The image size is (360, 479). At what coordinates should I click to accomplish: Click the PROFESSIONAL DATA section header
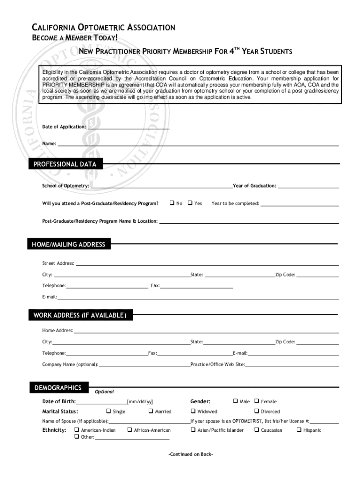65,164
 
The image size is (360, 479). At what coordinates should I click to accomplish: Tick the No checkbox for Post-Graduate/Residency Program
172,203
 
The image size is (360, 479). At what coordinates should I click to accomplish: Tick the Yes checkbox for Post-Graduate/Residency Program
190,203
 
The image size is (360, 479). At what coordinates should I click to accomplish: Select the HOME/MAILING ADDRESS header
69,244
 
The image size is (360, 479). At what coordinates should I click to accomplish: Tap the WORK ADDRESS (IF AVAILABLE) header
80,315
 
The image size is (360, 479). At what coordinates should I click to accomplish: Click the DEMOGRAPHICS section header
58,388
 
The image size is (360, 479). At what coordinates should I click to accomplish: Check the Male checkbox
235,401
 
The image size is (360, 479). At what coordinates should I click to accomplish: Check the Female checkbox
256,401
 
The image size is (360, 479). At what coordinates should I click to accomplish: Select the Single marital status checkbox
108,411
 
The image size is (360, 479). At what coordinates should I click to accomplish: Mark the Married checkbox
151,411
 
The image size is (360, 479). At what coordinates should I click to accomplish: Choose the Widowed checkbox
193,411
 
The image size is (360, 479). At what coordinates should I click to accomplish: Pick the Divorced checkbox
256,411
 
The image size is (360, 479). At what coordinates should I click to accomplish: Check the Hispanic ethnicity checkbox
299,430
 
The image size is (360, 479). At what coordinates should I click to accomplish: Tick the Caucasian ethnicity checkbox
256,430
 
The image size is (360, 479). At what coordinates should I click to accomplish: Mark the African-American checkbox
130,430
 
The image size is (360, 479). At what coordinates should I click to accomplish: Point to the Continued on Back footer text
191,454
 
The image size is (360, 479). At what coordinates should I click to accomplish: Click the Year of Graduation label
254,186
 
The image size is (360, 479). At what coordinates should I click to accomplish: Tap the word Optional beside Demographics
104,392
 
